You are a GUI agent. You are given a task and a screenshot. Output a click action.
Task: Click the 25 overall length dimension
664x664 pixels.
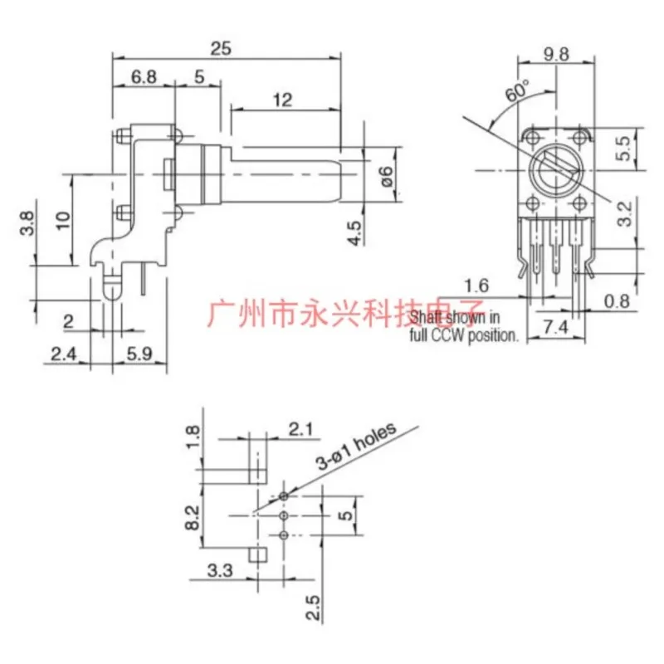[221, 48]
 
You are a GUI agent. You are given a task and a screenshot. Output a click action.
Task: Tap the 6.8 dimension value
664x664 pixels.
[143, 77]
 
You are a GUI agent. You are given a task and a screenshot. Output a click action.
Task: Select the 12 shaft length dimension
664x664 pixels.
[284, 100]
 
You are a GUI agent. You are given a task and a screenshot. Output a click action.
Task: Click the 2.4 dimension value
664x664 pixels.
[63, 354]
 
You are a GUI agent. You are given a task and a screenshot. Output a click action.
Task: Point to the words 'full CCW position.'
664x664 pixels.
[466, 337]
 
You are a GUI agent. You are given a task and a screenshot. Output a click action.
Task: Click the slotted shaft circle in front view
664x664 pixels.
[554, 168]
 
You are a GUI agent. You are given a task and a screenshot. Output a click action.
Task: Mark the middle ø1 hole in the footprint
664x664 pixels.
[284, 515]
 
